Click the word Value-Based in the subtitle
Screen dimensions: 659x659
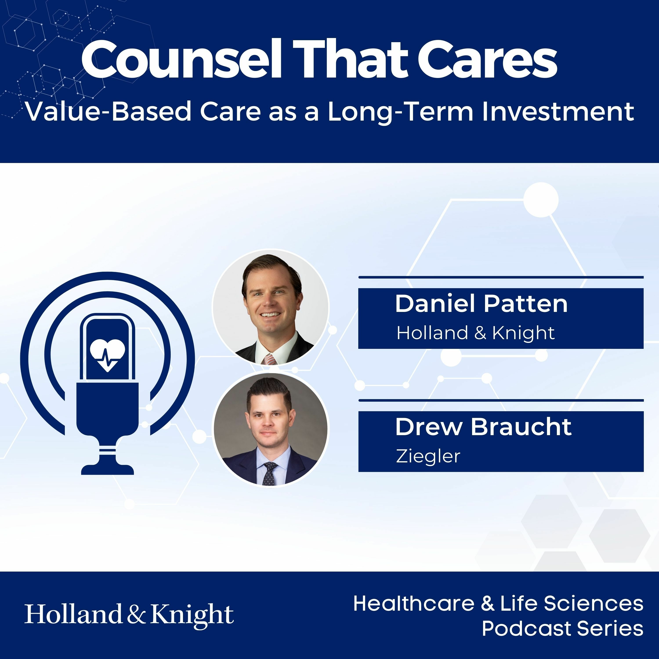click(109, 112)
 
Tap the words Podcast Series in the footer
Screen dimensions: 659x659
click(563, 628)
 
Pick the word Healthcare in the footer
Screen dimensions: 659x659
click(414, 603)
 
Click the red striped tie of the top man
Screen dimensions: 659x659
click(270, 359)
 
